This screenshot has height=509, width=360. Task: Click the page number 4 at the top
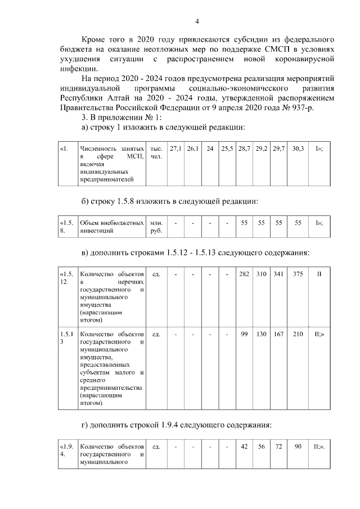(x=196, y=21)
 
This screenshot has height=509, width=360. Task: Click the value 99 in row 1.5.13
(x=244, y=334)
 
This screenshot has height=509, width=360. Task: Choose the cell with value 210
(x=298, y=334)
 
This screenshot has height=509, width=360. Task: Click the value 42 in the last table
(x=244, y=447)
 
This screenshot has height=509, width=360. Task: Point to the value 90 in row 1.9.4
(x=298, y=447)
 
